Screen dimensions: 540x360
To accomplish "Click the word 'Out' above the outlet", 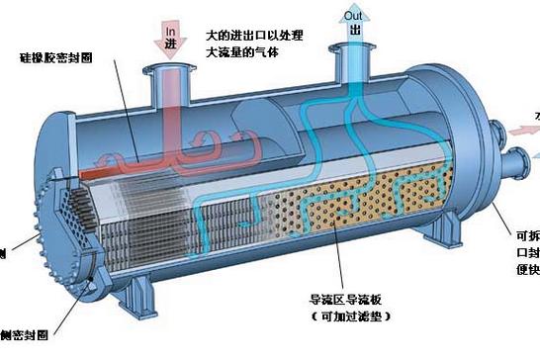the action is [352, 14].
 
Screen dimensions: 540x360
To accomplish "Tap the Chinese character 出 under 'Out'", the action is [353, 31].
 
